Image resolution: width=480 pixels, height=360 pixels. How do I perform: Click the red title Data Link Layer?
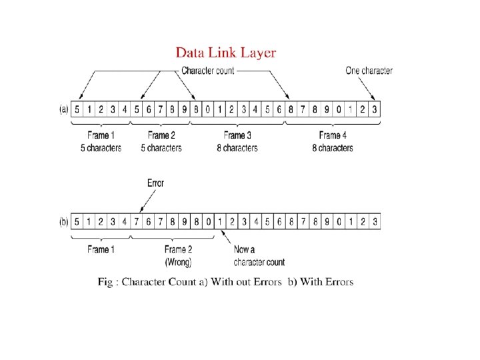pos(225,53)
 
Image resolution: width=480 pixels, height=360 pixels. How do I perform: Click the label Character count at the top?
pos(207,71)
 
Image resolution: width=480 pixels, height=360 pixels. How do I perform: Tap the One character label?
pos(369,71)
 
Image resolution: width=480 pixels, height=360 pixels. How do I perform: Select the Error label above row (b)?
pos(155,183)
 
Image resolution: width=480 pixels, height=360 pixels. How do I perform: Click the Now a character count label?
pos(259,256)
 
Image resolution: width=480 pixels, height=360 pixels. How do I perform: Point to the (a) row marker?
pos(64,109)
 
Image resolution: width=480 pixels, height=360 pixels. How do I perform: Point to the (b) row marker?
pos(64,221)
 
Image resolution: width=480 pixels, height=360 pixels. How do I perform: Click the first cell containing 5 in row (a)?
pos(78,109)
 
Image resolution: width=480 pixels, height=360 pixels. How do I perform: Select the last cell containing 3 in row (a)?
pos(375,109)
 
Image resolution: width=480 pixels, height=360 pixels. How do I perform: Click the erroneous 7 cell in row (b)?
pos(137,221)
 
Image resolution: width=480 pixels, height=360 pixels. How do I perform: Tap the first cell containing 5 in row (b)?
pos(78,221)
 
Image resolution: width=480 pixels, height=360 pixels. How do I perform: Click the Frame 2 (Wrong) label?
pos(178,256)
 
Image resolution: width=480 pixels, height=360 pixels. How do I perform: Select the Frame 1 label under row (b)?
pos(101,250)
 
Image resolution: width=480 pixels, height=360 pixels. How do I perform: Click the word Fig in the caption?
pos(105,282)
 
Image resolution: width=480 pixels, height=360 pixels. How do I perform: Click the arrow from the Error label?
pos(146,199)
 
